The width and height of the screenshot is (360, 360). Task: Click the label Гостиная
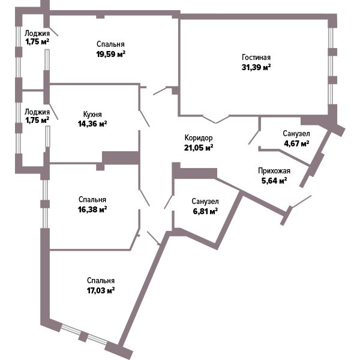pyautogui.click(x=256, y=57)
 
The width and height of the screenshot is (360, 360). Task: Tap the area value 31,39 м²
pyautogui.click(x=256, y=67)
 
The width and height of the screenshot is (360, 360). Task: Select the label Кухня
pyautogui.click(x=92, y=114)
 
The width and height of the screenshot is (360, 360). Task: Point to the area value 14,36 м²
pyautogui.click(x=92, y=124)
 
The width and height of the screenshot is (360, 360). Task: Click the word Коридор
pyautogui.click(x=199, y=138)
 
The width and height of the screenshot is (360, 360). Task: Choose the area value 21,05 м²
pyautogui.click(x=199, y=148)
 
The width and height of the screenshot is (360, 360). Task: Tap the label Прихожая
pyautogui.click(x=274, y=171)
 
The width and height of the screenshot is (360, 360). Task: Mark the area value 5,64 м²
pyautogui.click(x=274, y=181)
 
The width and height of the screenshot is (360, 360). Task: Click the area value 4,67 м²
pyautogui.click(x=296, y=143)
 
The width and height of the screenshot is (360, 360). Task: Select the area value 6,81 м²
pyautogui.click(x=205, y=211)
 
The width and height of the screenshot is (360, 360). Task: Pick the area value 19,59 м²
pyautogui.click(x=111, y=54)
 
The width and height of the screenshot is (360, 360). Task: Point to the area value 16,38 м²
pyautogui.click(x=92, y=209)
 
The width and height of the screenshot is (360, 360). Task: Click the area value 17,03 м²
pyautogui.click(x=101, y=290)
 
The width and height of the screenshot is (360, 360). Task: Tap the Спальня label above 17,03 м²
pyautogui.click(x=101, y=281)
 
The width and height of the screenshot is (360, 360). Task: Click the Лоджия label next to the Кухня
pyautogui.click(x=37, y=112)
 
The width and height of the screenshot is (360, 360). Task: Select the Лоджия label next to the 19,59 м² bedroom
pyautogui.click(x=37, y=34)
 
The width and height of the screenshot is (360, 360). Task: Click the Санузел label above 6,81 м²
pyautogui.click(x=205, y=202)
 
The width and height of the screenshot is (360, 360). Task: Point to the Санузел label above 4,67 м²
pyautogui.click(x=296, y=133)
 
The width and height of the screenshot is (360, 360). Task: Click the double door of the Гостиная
pyautogui.click(x=216, y=119)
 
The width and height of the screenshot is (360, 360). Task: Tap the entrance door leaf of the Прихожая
pyautogui.click(x=301, y=202)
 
